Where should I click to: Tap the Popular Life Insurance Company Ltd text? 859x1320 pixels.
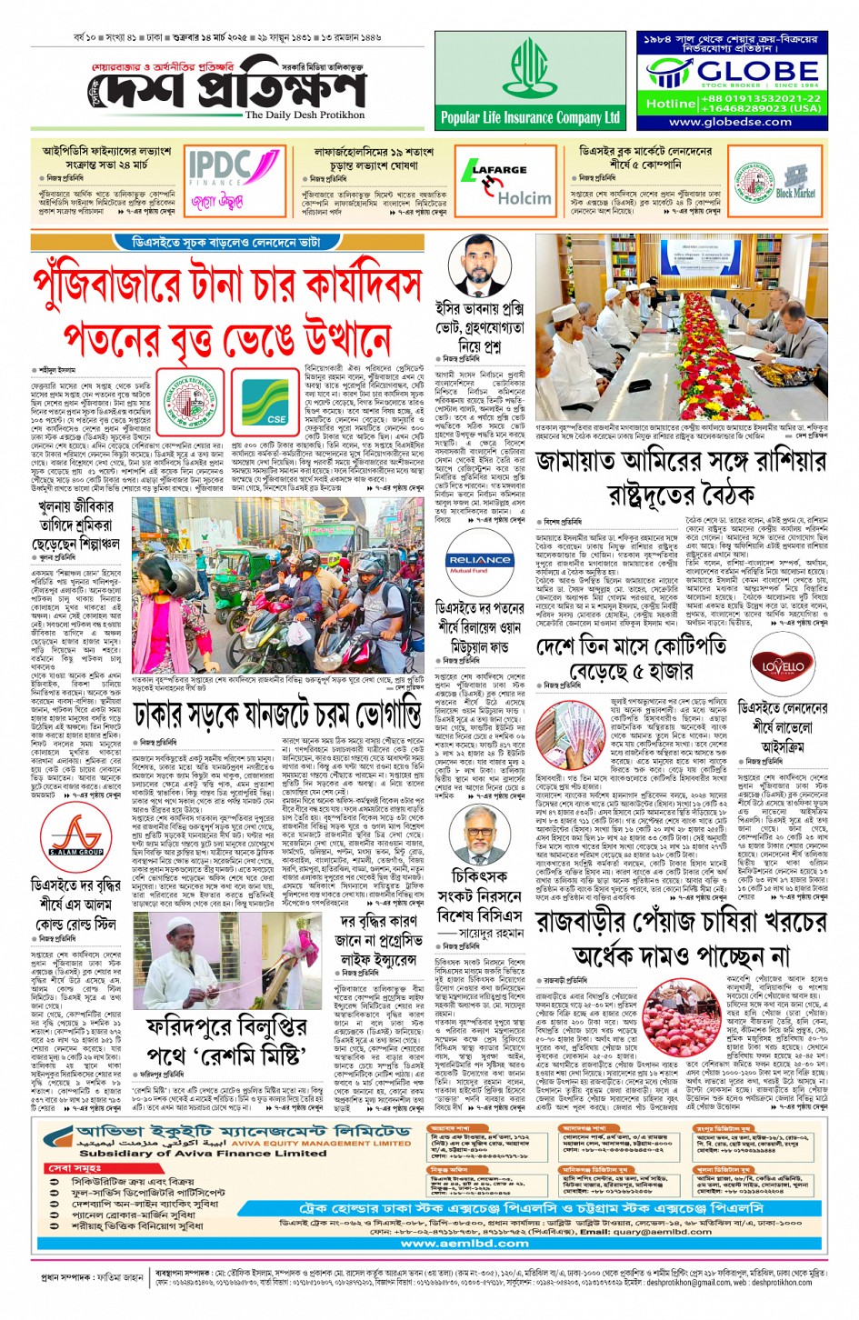(x=530, y=117)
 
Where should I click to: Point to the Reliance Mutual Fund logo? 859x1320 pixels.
(x=479, y=563)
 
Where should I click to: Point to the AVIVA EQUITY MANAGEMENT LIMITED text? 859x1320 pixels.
(x=321, y=1143)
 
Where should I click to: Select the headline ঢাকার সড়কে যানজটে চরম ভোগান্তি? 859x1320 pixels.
(x=277, y=715)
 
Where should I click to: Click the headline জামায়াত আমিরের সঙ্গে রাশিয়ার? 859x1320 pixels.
(x=681, y=462)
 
